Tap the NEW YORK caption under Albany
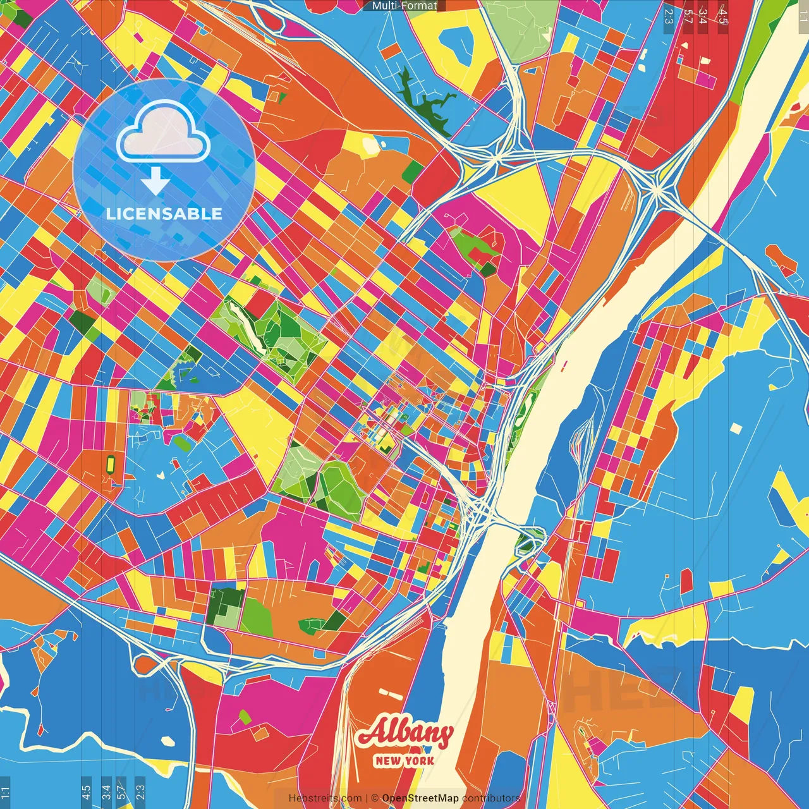(x=404, y=760)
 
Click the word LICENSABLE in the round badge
(x=164, y=214)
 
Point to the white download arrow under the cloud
(x=155, y=181)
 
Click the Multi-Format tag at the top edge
(x=404, y=6)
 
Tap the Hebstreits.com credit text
(x=325, y=798)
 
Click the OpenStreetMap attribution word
(x=420, y=798)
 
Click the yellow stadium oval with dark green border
(x=111, y=465)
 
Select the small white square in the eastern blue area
(x=735, y=429)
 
